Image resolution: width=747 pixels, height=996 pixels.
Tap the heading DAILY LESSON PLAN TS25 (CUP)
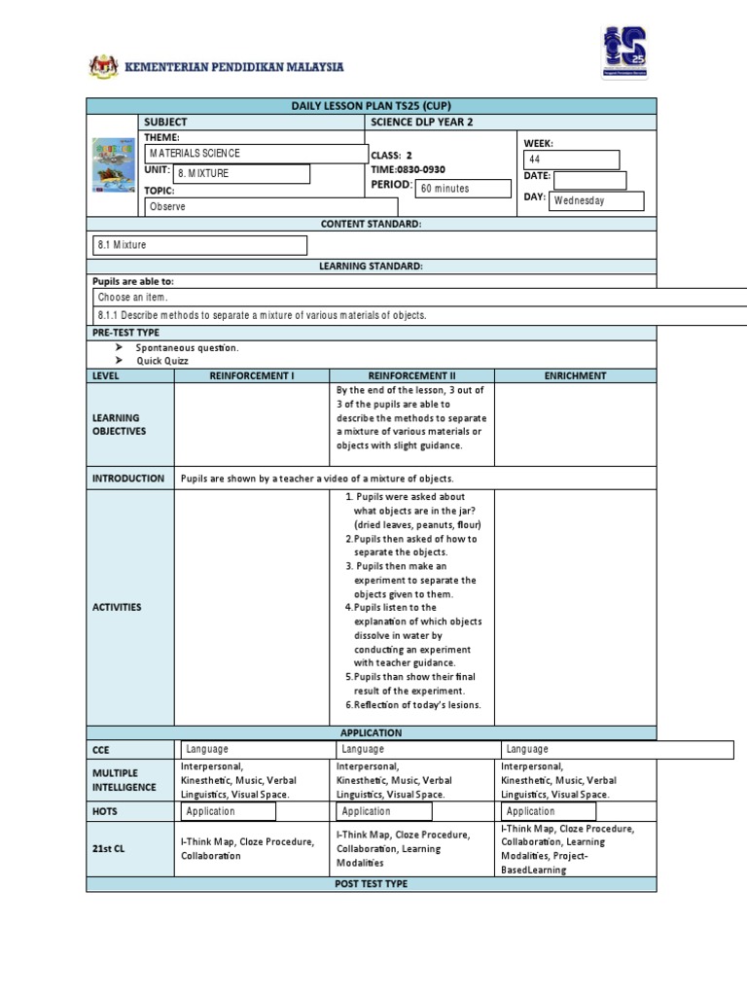(372, 105)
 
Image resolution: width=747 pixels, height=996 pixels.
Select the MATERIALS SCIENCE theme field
(255, 154)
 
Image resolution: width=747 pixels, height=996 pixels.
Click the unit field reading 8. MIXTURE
(241, 173)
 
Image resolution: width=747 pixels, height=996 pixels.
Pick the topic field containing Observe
(270, 207)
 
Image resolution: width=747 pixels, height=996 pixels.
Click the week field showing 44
(571, 160)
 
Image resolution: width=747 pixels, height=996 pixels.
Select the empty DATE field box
(589, 179)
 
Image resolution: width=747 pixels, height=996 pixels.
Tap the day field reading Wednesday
(596, 200)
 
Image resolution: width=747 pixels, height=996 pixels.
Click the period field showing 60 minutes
(463, 189)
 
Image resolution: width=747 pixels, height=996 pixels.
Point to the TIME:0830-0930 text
(408, 169)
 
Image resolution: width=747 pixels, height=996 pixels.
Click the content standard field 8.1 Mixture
(198, 245)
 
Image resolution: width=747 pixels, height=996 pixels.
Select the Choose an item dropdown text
(139, 298)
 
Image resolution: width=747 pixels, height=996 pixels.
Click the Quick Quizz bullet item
(162, 360)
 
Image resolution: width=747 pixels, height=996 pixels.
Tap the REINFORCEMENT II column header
(411, 375)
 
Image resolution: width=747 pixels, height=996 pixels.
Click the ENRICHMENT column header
(575, 375)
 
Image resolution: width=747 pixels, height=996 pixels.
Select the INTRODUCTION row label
(128, 479)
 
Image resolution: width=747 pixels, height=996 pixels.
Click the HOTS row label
(105, 811)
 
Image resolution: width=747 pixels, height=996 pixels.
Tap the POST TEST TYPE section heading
(372, 884)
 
